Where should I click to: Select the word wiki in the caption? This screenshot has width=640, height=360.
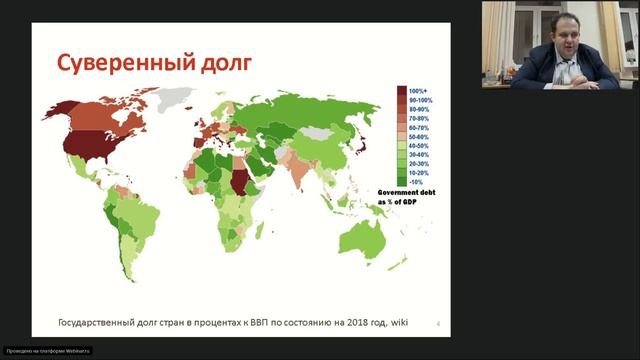coord(399,322)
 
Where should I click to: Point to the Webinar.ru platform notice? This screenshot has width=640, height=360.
coord(47,350)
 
